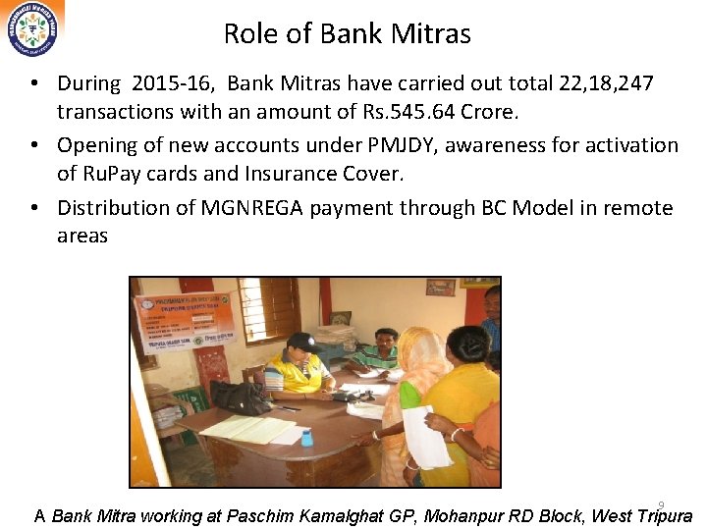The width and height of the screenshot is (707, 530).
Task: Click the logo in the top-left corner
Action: (32, 29)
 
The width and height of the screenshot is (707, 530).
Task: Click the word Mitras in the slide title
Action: (430, 34)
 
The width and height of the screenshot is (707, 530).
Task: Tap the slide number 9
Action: (661, 505)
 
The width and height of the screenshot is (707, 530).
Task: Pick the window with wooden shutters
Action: (269, 309)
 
